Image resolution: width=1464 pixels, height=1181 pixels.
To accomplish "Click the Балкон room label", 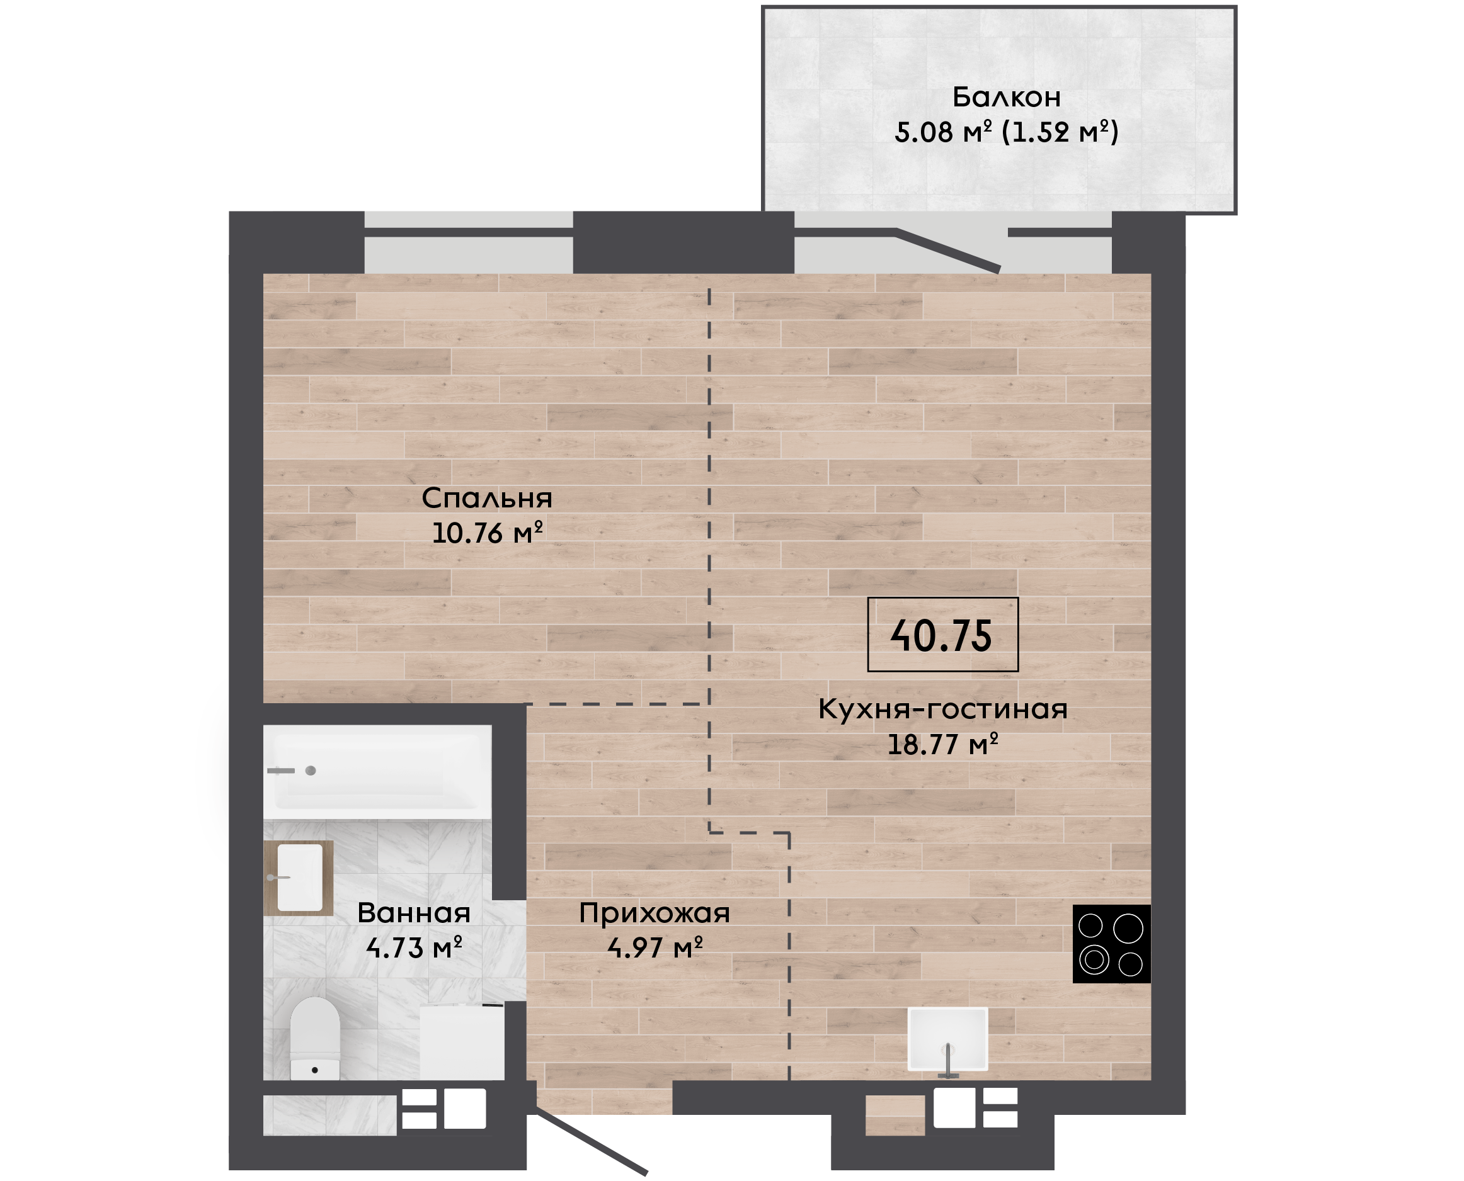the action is pos(1006,98).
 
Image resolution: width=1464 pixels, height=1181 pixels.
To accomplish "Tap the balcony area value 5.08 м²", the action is pos(942,132).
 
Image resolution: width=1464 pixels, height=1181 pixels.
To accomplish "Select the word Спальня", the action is pos(487,499).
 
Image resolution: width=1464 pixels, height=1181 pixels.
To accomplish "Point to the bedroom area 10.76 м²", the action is pos(488,533).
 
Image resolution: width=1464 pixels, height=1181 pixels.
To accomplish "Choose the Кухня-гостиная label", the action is pos(942,709).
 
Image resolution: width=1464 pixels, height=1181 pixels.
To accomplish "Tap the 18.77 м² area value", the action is pos(942,744).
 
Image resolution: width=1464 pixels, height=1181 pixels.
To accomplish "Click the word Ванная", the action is pos(414,913).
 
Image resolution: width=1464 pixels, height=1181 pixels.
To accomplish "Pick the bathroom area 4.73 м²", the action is pos(414,947).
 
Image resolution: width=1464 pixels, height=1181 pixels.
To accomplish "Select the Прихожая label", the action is pos(654,913).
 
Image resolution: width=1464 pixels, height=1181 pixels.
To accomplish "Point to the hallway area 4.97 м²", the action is pos(654,947).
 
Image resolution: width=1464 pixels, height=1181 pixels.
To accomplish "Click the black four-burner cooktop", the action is pos(1111,944).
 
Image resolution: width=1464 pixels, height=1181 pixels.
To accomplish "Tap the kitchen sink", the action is pos(947,1039).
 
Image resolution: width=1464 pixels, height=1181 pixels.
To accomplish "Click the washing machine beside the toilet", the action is pos(462,1041).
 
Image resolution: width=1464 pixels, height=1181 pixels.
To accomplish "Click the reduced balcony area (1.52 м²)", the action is pos(1060,132).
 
